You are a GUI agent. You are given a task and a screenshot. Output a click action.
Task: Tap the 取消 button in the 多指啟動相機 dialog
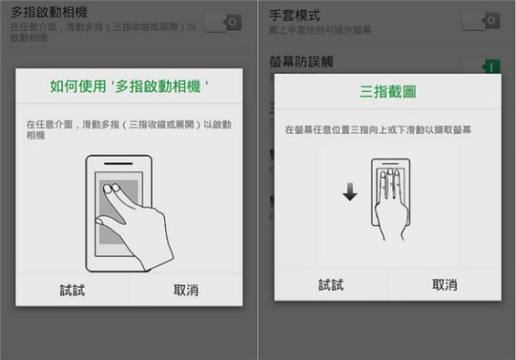tap(186, 291)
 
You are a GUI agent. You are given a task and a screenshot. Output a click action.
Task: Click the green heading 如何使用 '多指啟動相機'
tap(129, 87)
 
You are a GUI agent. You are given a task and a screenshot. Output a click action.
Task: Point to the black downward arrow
tap(349, 192)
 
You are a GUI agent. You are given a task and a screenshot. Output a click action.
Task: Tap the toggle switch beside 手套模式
tap(481, 21)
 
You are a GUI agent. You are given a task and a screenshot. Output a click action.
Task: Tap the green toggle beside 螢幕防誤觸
tap(481, 67)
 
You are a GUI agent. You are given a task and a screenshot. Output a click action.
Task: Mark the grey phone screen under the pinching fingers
tap(108, 211)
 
